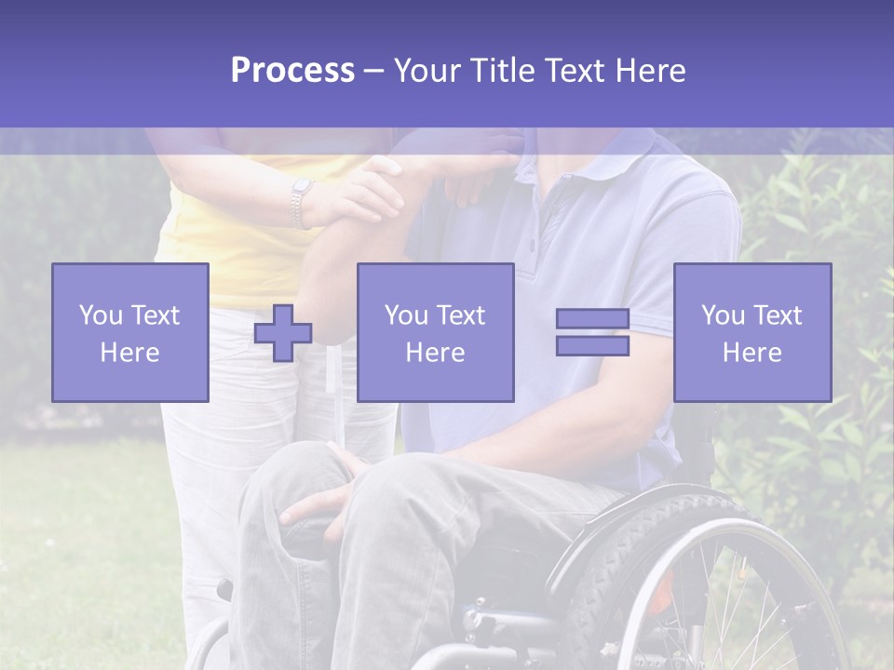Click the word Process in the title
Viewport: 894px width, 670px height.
[x=292, y=71]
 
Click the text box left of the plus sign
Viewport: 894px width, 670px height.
[x=129, y=332]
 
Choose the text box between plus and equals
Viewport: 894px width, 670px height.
[x=435, y=332]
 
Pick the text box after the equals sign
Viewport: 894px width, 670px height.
[x=752, y=332]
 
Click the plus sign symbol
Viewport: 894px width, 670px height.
[x=283, y=333]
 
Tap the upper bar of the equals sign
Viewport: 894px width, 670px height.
[x=592, y=319]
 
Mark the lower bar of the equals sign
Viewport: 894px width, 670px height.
[x=592, y=345]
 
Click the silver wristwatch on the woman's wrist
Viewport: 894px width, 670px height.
[x=300, y=203]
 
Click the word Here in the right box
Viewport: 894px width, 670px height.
[x=752, y=353]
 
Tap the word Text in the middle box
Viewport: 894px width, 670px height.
[x=461, y=315]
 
